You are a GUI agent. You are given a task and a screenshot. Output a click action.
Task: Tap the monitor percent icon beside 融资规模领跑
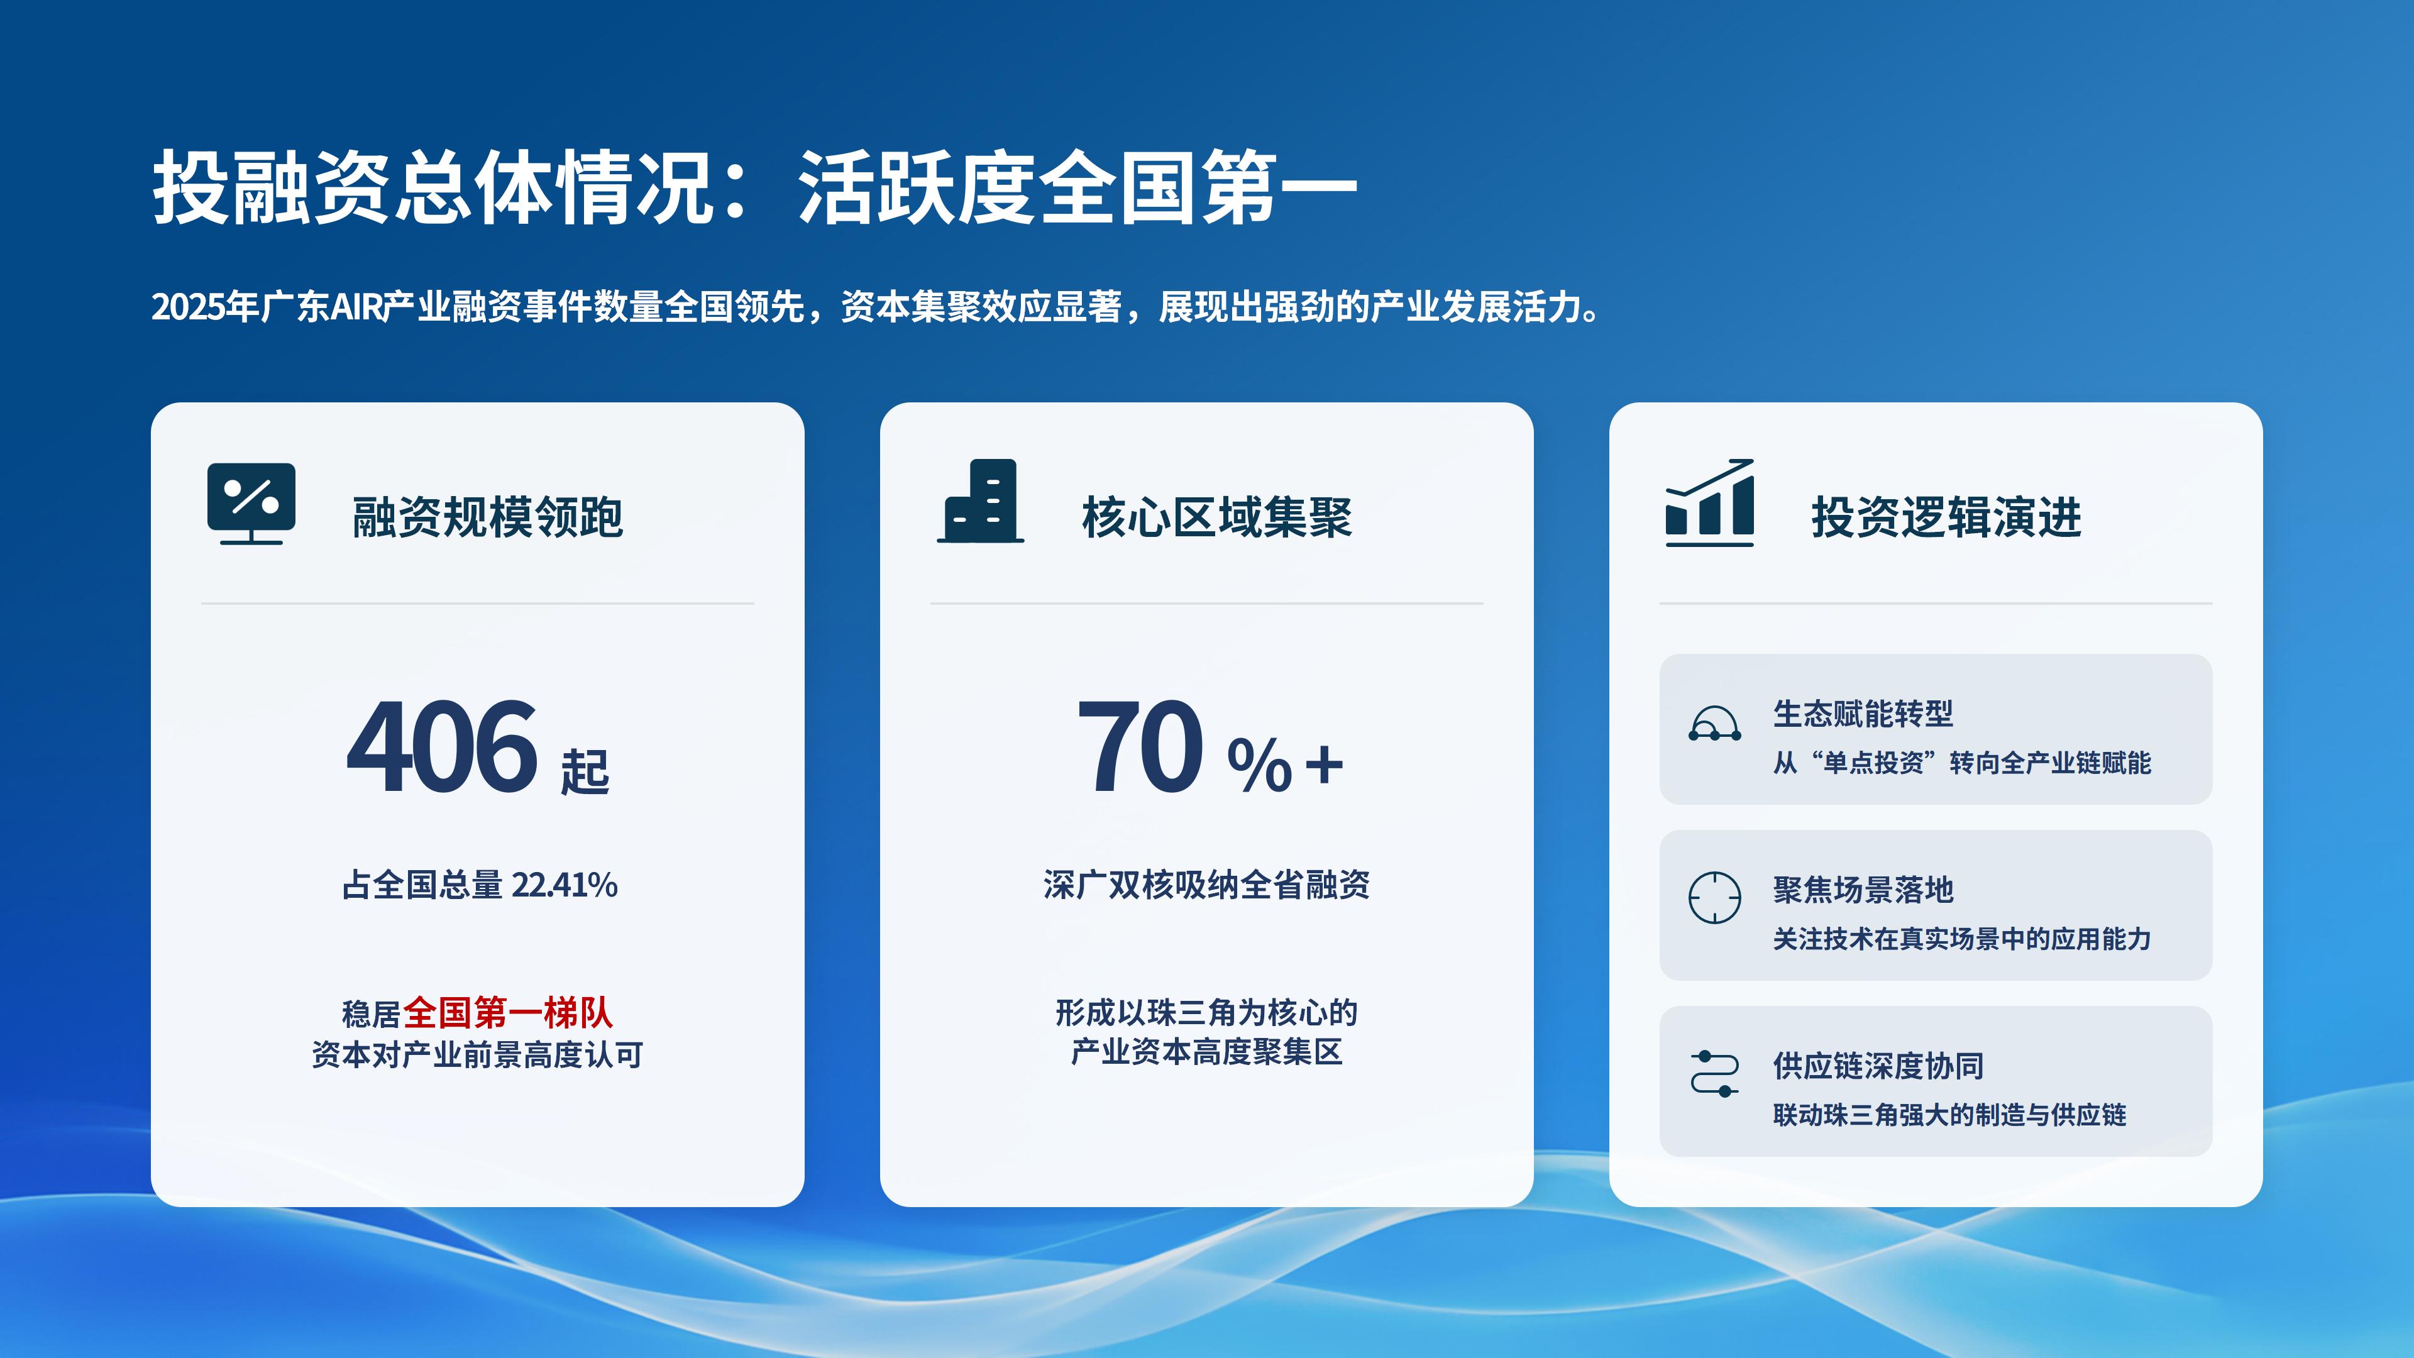click(x=251, y=503)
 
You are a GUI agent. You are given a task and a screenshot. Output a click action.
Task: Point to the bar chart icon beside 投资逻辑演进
click(x=1709, y=502)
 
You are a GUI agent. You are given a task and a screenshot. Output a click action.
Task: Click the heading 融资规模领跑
click(x=487, y=517)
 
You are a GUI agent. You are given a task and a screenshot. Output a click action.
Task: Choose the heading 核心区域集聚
click(x=1216, y=517)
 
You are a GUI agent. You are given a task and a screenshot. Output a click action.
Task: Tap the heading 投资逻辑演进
click(x=1946, y=517)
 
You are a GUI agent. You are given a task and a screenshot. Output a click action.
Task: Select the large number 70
click(x=1140, y=747)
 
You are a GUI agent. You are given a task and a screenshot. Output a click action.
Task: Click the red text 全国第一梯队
click(x=508, y=1013)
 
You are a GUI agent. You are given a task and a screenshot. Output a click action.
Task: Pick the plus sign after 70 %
click(x=1324, y=764)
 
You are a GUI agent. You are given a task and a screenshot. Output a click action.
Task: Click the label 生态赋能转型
click(x=1863, y=714)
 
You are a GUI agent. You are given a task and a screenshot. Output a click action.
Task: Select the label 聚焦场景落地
click(x=1863, y=890)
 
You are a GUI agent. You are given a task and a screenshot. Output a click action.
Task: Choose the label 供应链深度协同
click(x=1878, y=1066)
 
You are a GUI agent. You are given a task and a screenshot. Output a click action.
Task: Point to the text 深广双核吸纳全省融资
click(x=1207, y=885)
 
